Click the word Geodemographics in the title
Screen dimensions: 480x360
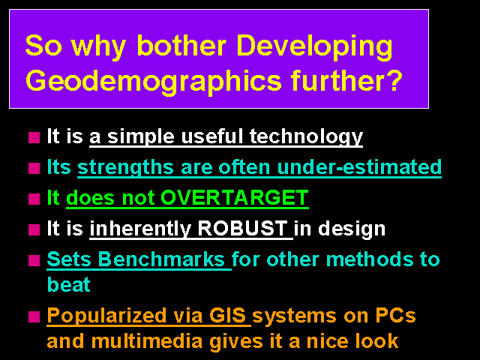(153, 81)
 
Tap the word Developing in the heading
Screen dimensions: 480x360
(314, 47)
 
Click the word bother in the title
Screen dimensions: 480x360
(181, 45)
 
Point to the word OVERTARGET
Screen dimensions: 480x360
(235, 197)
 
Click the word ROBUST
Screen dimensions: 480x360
(242, 228)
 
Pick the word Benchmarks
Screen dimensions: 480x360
(162, 259)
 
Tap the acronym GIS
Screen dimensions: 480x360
(228, 315)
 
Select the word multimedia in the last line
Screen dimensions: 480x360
(147, 340)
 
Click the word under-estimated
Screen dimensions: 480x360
(359, 166)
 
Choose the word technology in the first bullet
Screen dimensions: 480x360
(306, 137)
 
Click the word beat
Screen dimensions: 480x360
(69, 284)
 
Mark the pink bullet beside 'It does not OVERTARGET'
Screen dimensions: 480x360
(34, 199)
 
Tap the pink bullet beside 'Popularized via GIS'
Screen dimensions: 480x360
(34, 316)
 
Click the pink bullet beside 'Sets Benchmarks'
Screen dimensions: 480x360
(34, 261)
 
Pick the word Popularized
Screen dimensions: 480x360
(106, 316)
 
